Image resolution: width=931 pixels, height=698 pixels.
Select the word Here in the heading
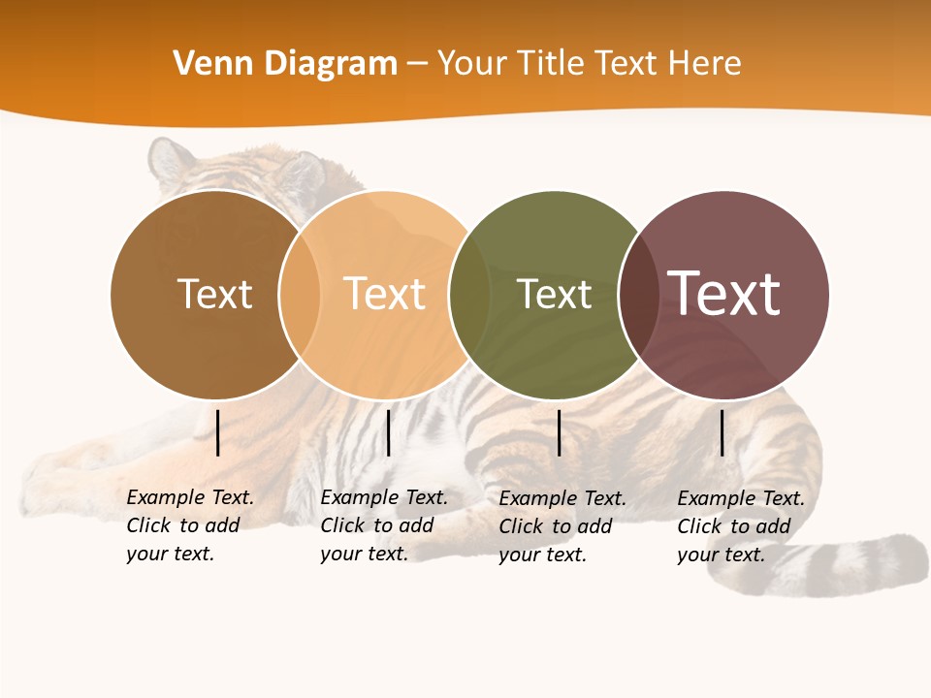(704, 64)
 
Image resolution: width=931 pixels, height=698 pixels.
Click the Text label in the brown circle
(214, 294)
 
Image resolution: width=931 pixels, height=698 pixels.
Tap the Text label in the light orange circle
(384, 294)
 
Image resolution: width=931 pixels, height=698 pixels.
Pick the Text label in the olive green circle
(554, 294)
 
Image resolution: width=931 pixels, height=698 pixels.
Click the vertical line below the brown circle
(218, 432)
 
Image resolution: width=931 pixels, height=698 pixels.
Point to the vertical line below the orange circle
(388, 432)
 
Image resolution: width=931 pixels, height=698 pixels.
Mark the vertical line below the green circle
(560, 432)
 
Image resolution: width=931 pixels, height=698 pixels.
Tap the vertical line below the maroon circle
(722, 432)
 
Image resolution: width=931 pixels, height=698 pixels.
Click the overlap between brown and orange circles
(300, 295)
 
